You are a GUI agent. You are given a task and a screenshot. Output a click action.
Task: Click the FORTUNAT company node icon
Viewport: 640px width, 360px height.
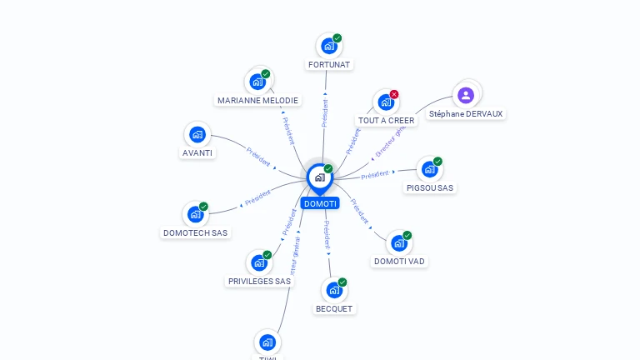pyautogui.click(x=328, y=46)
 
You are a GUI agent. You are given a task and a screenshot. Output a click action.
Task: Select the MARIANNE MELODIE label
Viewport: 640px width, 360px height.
pyautogui.click(x=257, y=100)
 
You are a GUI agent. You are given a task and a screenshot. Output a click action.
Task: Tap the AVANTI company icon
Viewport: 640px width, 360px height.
pyautogui.click(x=197, y=134)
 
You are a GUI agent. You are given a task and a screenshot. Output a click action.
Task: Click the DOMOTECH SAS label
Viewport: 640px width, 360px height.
pyautogui.click(x=195, y=233)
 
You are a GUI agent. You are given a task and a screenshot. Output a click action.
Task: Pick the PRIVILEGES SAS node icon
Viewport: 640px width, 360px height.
pyautogui.click(x=259, y=262)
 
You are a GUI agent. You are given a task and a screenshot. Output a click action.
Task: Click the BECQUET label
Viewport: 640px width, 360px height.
pyautogui.click(x=334, y=308)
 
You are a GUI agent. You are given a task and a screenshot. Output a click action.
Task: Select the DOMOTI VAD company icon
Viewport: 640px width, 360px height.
pyautogui.click(x=399, y=242)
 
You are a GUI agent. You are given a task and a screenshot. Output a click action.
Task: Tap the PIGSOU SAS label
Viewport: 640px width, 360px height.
pyautogui.click(x=430, y=188)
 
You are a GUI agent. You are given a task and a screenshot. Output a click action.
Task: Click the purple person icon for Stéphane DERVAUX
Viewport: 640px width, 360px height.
pyautogui.click(x=466, y=94)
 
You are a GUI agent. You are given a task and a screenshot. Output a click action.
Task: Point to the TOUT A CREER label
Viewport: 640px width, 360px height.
pyautogui.click(x=386, y=121)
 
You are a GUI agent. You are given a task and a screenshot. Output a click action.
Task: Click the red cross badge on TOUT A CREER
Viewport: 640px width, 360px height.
pyautogui.click(x=394, y=94)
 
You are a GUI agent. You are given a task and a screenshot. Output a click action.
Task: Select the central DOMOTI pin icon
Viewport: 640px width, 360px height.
pyautogui.click(x=319, y=177)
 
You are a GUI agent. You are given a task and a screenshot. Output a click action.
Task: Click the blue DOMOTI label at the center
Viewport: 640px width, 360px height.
pyautogui.click(x=320, y=203)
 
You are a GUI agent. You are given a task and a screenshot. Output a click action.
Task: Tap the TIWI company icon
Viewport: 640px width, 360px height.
pyautogui.click(x=267, y=342)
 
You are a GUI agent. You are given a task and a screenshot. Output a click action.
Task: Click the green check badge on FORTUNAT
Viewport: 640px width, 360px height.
pyautogui.click(x=337, y=38)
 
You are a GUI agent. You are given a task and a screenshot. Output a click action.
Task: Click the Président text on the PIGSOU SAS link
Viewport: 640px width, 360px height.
pyautogui.click(x=375, y=174)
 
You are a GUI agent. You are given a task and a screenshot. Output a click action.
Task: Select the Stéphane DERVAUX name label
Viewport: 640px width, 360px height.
pyautogui.click(x=466, y=114)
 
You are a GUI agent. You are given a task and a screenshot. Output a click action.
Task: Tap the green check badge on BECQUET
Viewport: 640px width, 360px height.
pyautogui.click(x=342, y=282)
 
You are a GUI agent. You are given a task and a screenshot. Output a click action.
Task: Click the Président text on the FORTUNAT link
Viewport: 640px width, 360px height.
pyautogui.click(x=325, y=112)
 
